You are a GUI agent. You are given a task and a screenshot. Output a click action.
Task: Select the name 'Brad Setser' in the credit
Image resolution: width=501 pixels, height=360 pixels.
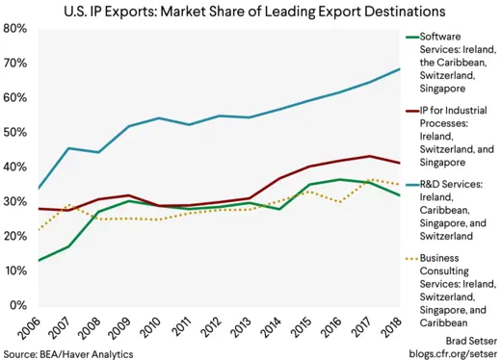[x=463, y=340]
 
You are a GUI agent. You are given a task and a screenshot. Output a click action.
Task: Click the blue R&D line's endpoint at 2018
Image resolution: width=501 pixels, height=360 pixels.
[x=399, y=69]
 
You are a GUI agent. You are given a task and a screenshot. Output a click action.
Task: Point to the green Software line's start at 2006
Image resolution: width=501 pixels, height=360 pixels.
[x=37, y=260]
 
